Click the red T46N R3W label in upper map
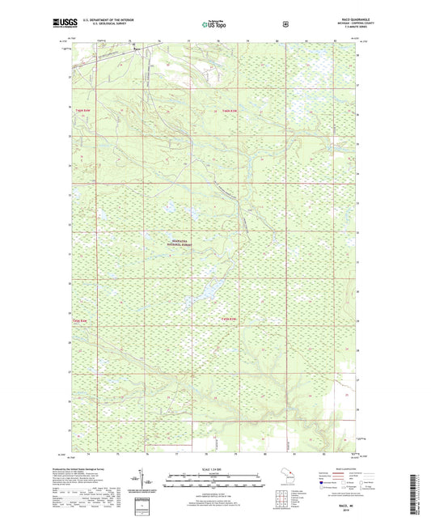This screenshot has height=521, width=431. (x=232, y=111)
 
